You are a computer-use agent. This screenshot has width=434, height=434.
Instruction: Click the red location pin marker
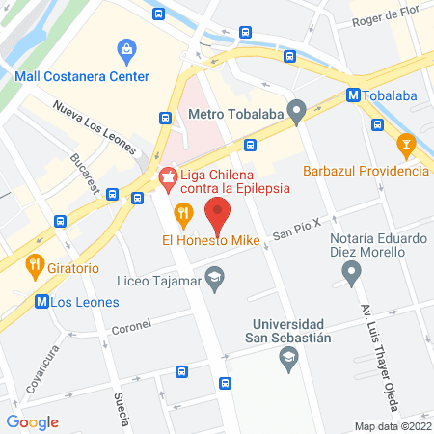tap(218, 211)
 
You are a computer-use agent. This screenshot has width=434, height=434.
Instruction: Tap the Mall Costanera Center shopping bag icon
tap(125, 49)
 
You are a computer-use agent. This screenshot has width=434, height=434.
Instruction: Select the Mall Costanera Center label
tap(82, 76)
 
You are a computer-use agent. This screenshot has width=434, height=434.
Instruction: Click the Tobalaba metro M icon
tap(354, 96)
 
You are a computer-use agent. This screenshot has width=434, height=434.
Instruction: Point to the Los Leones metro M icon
tap(41, 301)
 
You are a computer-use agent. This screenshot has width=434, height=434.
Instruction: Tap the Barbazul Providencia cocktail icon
tap(405, 147)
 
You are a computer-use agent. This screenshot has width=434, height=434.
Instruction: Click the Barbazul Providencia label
tap(365, 171)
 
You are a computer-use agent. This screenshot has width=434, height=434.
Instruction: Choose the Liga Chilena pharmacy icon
tap(168, 176)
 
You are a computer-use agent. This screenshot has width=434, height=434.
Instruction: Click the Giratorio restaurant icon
tap(36, 261)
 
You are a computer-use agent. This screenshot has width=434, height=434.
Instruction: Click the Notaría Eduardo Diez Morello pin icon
tap(352, 276)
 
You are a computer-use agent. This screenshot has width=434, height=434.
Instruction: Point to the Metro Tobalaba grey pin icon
tap(298, 112)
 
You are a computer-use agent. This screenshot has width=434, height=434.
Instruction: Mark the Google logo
tap(33, 421)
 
